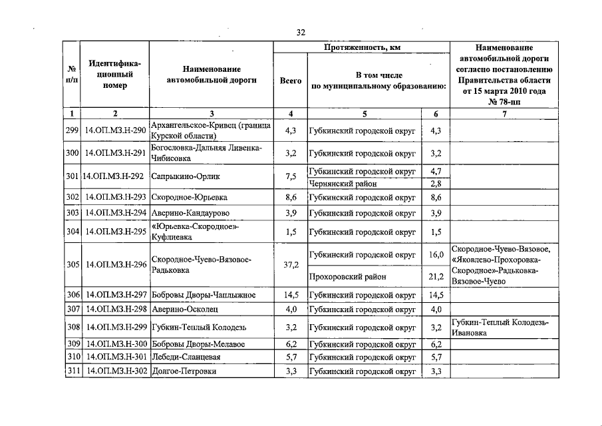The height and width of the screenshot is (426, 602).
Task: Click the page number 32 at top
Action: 301,33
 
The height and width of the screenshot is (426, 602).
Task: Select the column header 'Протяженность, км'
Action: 362,48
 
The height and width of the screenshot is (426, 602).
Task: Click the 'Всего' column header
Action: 290,80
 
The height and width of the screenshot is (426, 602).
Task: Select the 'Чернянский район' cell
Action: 343,184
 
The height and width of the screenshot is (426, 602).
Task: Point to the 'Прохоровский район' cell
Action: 348,276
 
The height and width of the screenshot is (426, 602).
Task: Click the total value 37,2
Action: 290,265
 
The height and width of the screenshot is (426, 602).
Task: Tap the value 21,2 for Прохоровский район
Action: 436,276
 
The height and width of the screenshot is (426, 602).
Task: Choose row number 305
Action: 73,265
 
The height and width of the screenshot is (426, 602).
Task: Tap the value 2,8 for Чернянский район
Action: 436,184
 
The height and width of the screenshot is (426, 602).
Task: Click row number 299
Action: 73,130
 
